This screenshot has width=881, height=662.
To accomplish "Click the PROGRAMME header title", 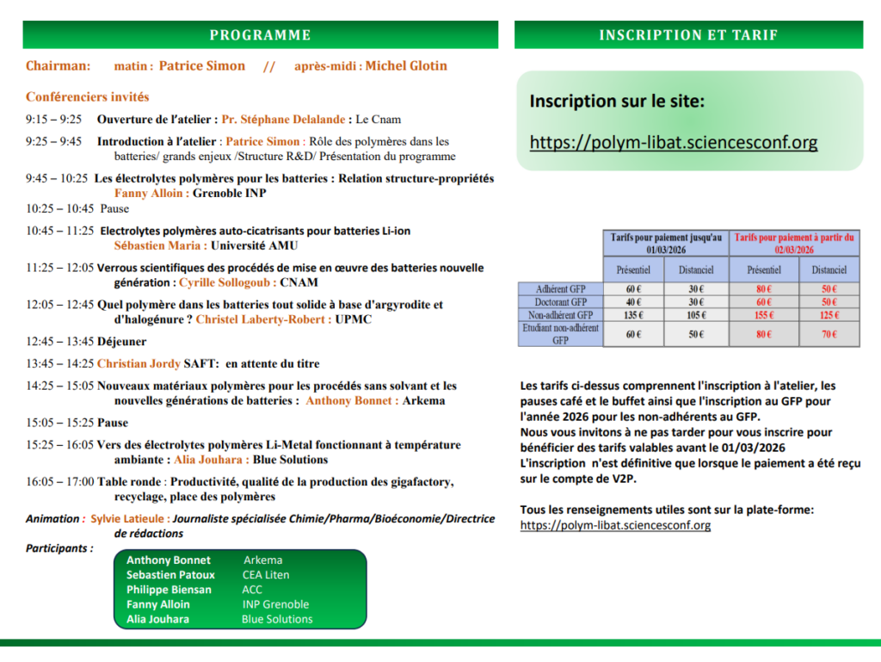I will point(260,35).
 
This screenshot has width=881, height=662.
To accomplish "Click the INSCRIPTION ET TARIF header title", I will point(688,35).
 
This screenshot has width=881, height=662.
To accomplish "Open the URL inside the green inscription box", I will point(674,142).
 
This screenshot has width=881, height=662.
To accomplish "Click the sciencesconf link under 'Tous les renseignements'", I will point(615,524).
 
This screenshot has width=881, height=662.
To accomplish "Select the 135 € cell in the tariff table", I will point(634,315).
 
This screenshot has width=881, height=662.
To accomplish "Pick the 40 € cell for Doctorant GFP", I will point(634,302).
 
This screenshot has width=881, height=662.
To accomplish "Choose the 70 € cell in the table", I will point(829,334).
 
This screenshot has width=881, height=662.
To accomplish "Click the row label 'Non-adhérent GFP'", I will point(560,315).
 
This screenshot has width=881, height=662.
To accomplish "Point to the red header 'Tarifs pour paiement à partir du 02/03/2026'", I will point(794,242).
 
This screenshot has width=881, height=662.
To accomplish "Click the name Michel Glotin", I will point(406,66).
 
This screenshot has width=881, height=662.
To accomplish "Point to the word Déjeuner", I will point(121,342).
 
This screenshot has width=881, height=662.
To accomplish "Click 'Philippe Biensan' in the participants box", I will point(169,590).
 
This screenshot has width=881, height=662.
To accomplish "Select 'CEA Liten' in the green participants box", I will point(266,575).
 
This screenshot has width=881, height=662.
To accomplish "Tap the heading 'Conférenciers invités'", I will point(87,97).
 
